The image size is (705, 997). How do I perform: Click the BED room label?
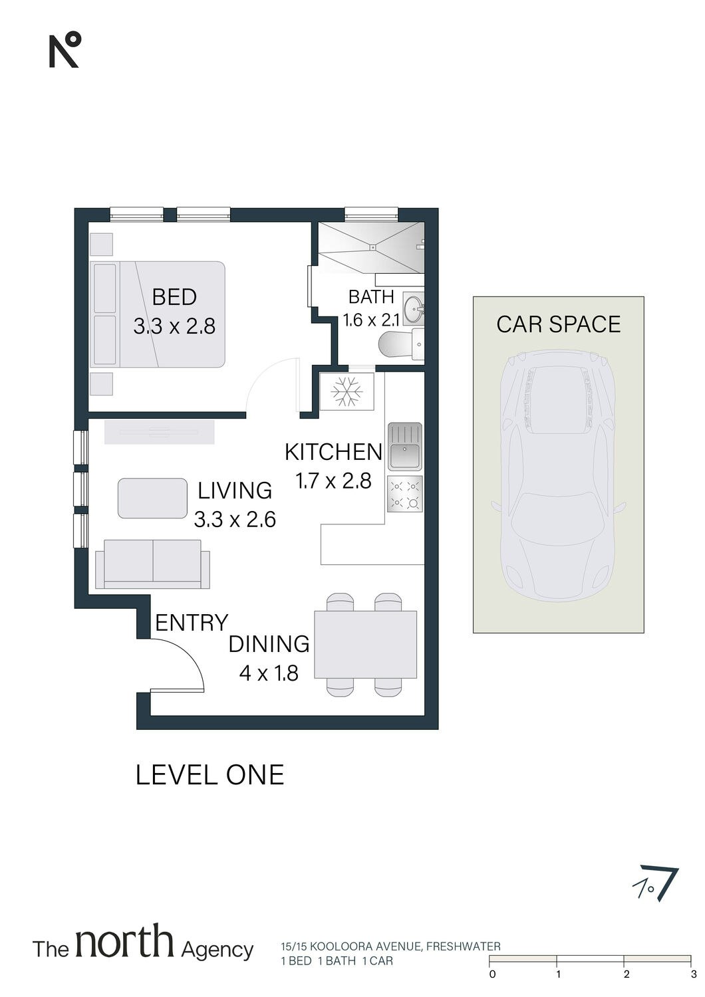point(174,297)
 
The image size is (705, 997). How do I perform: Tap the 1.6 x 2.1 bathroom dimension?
point(371,319)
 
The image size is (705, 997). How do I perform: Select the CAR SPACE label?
point(559,324)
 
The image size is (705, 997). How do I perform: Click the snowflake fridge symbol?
point(347,391)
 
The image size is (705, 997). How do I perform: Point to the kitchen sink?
point(405,447)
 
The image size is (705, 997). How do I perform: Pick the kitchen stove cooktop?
point(405,494)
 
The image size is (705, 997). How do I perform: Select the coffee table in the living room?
point(153,498)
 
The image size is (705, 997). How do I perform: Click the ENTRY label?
point(192,622)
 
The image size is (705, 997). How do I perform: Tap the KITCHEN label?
point(334,452)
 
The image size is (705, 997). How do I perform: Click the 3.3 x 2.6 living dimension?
point(235,520)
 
